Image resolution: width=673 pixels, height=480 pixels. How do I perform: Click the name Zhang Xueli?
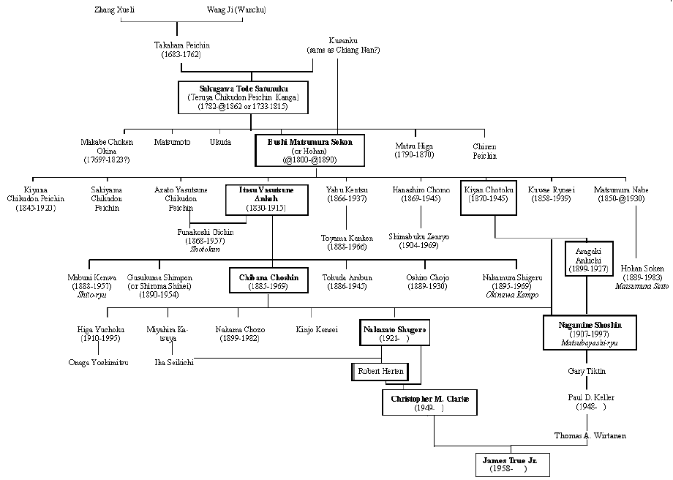(x=115, y=10)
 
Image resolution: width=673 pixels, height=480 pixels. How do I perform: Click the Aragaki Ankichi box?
(x=589, y=258)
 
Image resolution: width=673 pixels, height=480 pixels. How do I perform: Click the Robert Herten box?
(x=380, y=372)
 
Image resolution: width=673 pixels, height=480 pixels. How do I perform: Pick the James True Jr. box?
(x=509, y=464)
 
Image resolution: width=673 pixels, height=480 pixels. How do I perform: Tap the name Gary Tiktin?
(x=586, y=371)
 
